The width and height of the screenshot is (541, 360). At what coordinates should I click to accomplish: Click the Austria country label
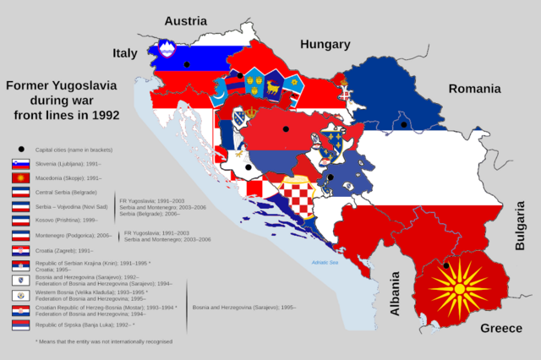point(185,20)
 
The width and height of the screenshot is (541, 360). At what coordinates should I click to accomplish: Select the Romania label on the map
point(474,89)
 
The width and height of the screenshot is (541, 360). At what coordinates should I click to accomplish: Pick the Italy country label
point(125,53)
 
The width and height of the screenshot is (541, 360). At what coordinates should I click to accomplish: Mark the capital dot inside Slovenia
point(187,64)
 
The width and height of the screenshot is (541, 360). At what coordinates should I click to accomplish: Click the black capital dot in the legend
point(20,149)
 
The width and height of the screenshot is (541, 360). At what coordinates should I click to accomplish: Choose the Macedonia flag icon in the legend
point(20,178)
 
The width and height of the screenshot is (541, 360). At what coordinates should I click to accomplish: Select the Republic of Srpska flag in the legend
point(20,325)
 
